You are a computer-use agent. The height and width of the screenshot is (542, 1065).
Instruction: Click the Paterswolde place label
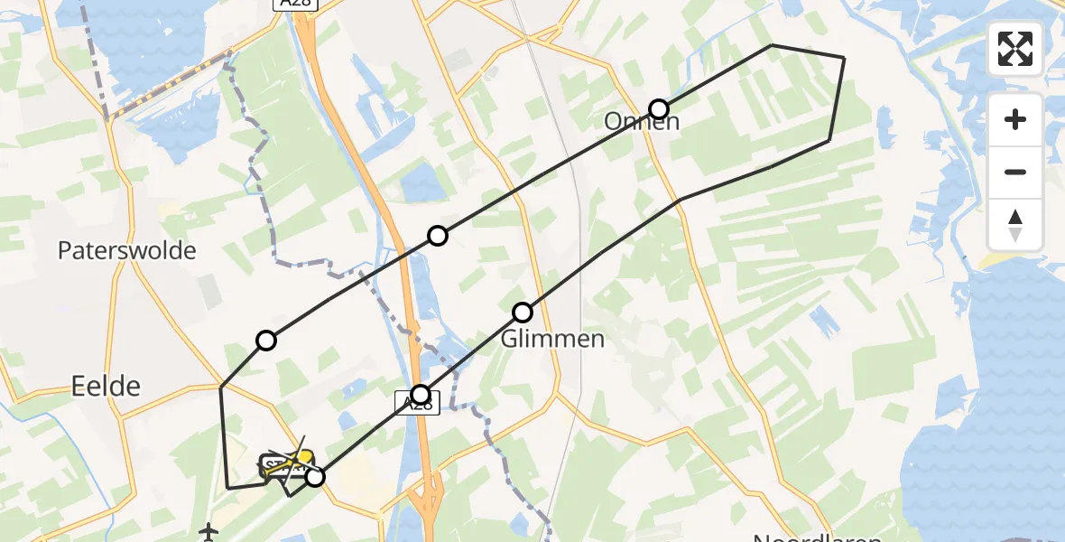126,251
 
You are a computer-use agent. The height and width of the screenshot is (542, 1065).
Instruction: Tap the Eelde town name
106,387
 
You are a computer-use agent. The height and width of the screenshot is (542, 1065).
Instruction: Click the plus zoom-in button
1015,119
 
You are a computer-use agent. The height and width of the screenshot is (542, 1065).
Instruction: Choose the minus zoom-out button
1015,172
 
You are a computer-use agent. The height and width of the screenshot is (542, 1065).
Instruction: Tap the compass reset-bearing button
1015,224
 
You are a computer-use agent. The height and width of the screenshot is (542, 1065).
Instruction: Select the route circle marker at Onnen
659,109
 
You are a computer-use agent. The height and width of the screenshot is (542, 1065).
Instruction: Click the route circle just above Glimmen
523,313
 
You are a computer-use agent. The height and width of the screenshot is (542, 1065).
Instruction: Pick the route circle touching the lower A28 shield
421,394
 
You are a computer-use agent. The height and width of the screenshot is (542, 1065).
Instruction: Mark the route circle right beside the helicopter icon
314,476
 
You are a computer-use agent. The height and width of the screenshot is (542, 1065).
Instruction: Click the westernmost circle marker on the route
266,341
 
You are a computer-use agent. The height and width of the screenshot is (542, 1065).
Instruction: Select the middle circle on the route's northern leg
438,236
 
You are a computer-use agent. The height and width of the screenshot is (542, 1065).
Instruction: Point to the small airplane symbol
209,531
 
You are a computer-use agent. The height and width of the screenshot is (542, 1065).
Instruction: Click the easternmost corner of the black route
844,58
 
